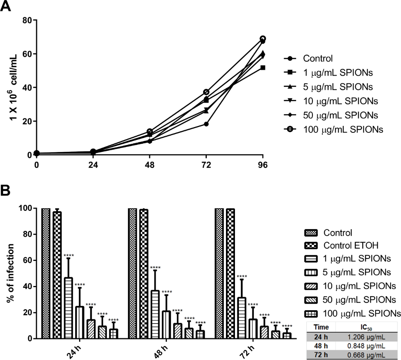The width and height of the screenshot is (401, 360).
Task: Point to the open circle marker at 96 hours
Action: [263, 39]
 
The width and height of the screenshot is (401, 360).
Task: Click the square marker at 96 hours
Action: [263, 67]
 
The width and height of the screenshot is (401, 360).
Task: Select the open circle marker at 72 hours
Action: [206, 92]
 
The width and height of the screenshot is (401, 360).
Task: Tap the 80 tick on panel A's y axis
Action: [27, 20]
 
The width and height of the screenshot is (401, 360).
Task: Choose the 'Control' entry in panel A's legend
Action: [318, 59]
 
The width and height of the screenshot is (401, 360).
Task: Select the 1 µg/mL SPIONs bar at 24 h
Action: [69, 308]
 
